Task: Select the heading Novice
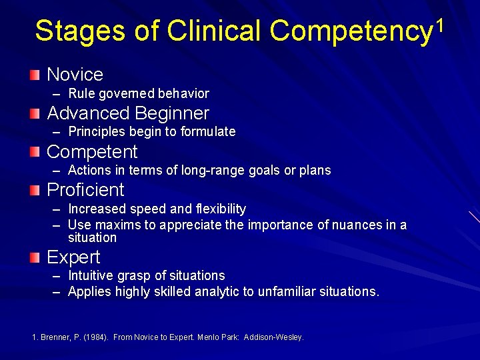tap(75, 75)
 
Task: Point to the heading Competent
tap(92, 152)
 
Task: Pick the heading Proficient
tap(85, 190)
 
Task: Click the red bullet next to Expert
tap(35, 256)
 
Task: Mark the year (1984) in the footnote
tap(95, 337)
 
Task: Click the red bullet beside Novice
tap(35, 74)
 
